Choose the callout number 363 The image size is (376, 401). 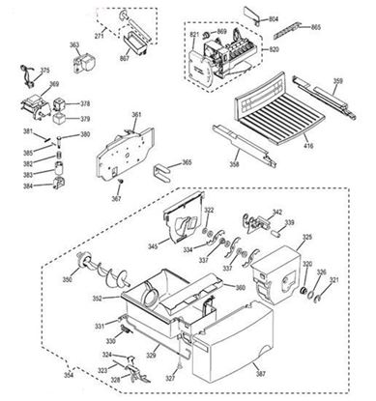pyautogui.click(x=75, y=44)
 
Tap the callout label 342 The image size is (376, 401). pyautogui.click(x=277, y=212)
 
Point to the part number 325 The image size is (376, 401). pyautogui.click(x=307, y=237)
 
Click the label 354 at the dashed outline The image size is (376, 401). pyautogui.click(x=41, y=372)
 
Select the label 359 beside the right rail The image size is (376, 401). pyautogui.click(x=337, y=80)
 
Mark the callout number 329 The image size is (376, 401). pyautogui.click(x=151, y=357)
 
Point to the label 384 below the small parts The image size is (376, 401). pyautogui.click(x=28, y=185)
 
